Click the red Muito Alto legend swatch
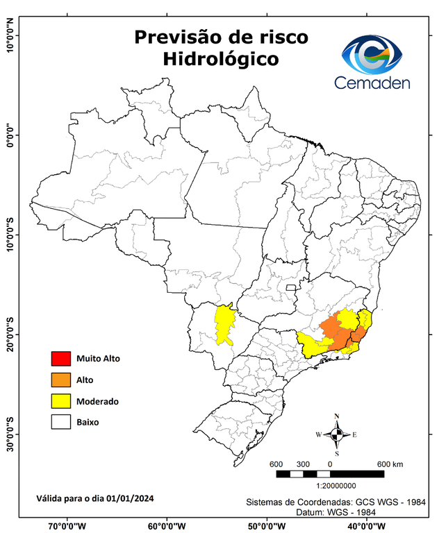pyautogui.click(x=60, y=359)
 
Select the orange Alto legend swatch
pyautogui.click(x=60, y=380)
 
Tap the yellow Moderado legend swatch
pyautogui.click(x=60, y=400)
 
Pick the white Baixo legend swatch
pyautogui.click(x=60, y=421)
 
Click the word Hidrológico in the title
pyautogui.click(x=221, y=60)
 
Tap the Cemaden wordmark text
pyautogui.click(x=372, y=83)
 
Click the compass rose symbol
pyautogui.click(x=337, y=435)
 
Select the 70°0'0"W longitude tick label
pyautogui.click(x=67, y=525)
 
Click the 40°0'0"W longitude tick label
pyautogui.click(x=364, y=525)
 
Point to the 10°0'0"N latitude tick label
pyautogui.click(x=10, y=35)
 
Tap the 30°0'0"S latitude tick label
pyautogui.click(x=10, y=434)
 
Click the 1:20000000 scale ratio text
pyautogui.click(x=336, y=487)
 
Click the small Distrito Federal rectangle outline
pyautogui.click(x=291, y=286)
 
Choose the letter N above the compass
pyautogui.click(x=337, y=416)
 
